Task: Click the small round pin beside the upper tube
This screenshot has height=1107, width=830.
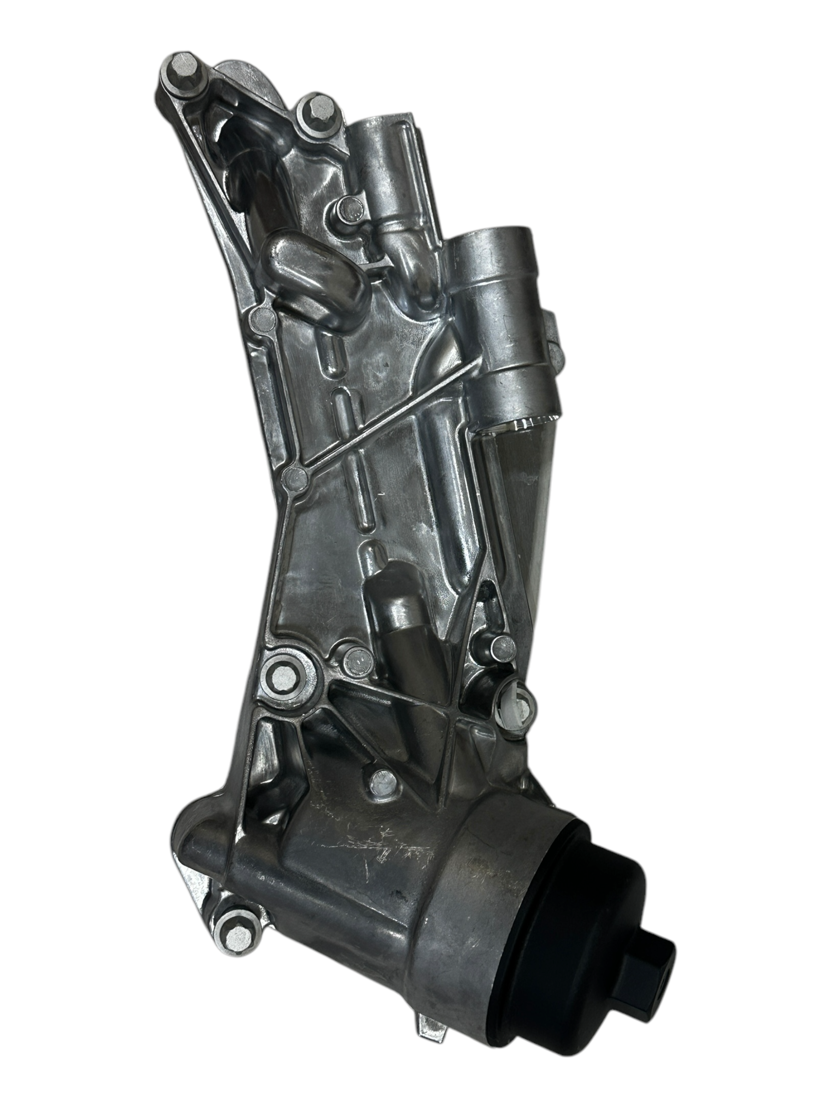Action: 350,207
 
